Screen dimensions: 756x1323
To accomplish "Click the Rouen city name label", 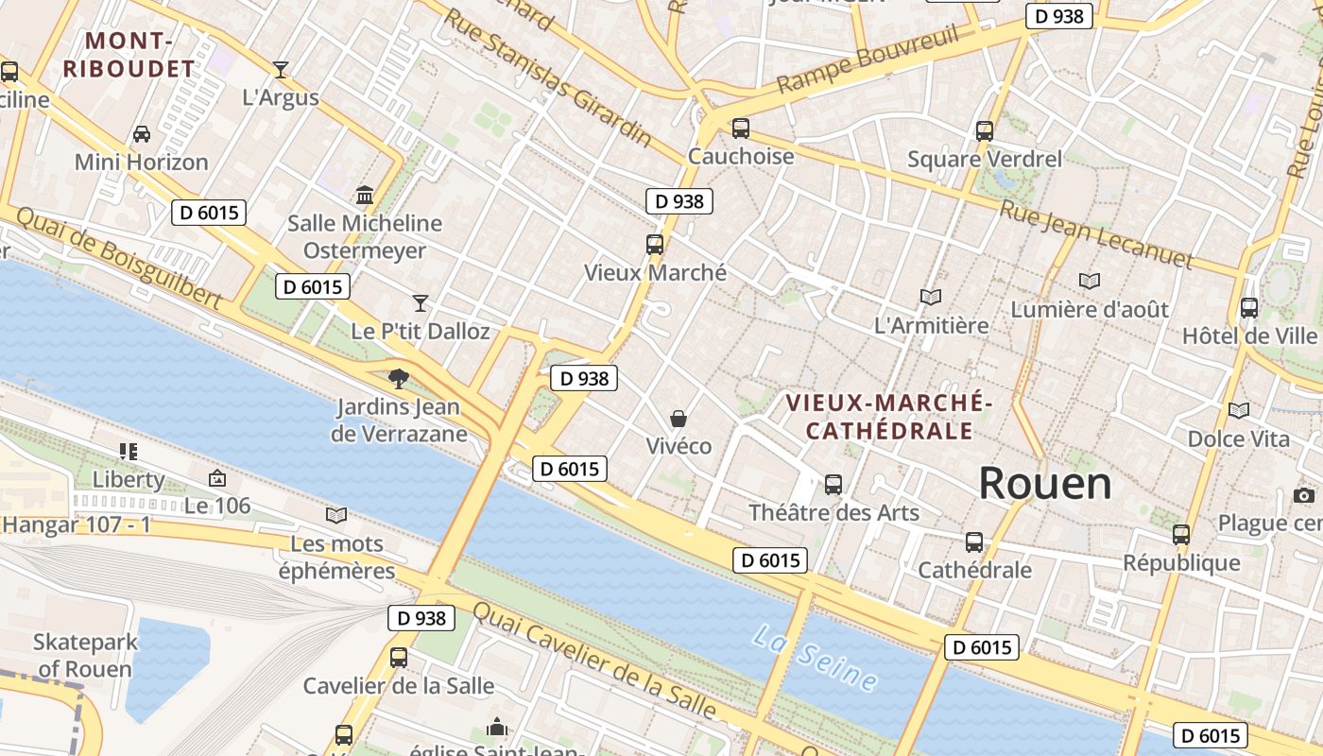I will coord(1044,484).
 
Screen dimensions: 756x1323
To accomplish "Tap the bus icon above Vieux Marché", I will coord(654,245).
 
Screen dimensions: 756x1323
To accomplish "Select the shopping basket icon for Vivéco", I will coord(678,418).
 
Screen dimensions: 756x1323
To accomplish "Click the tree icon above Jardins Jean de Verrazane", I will coord(399,379).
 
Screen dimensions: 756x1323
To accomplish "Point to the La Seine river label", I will coord(815,657).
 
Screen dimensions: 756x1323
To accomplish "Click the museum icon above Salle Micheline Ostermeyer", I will coord(364,196).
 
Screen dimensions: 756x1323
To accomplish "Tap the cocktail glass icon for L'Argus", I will coord(281,69).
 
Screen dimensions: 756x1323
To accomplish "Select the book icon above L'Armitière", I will coord(931,297).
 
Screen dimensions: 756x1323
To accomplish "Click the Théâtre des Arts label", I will coord(833,512).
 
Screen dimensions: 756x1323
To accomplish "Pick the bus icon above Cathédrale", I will coord(974,542).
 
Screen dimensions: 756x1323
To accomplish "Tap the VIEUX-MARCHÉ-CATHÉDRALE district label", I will coord(888,417).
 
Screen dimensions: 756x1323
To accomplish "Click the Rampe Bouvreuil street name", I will coord(868,59).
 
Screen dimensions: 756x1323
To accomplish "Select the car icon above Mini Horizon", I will coord(142,134).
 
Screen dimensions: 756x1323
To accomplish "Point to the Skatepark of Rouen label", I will coord(85,655).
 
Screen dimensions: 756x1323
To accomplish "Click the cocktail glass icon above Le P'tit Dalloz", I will coord(421,302).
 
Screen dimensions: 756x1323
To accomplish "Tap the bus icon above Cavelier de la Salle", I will coord(399,657).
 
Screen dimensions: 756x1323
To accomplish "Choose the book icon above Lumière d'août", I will coord(1090,281).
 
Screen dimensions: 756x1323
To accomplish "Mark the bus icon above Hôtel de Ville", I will coord(1248,307).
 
